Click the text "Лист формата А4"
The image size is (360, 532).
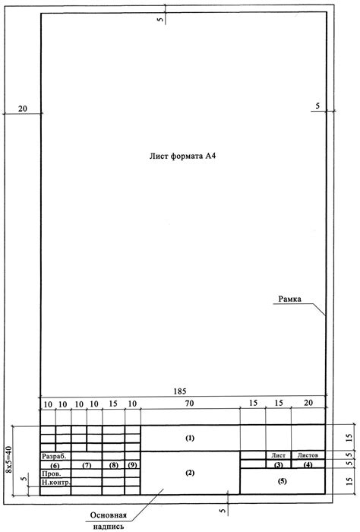pos(182,156)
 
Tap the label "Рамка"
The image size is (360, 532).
pos(289,299)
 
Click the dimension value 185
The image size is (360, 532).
pos(180,391)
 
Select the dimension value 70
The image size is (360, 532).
pos(190,403)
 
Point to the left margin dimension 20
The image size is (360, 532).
pos(22,109)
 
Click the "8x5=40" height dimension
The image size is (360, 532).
pos(9,460)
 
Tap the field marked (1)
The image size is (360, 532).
pos(190,438)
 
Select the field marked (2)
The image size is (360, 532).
pos(190,473)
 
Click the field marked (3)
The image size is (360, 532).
pos(278,464)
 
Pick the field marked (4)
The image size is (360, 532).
pos(308,464)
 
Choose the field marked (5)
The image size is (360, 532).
pos(282,481)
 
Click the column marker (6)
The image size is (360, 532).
pos(55,465)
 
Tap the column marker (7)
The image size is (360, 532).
pos(87,465)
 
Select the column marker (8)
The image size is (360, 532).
pos(114,465)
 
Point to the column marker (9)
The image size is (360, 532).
pos(132,465)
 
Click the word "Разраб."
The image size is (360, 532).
pos(54,456)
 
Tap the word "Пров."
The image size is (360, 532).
pos(52,473)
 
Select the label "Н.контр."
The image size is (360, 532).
pos(56,482)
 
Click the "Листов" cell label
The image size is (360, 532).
pos(308,455)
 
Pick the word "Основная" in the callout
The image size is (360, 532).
pos(108,515)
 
